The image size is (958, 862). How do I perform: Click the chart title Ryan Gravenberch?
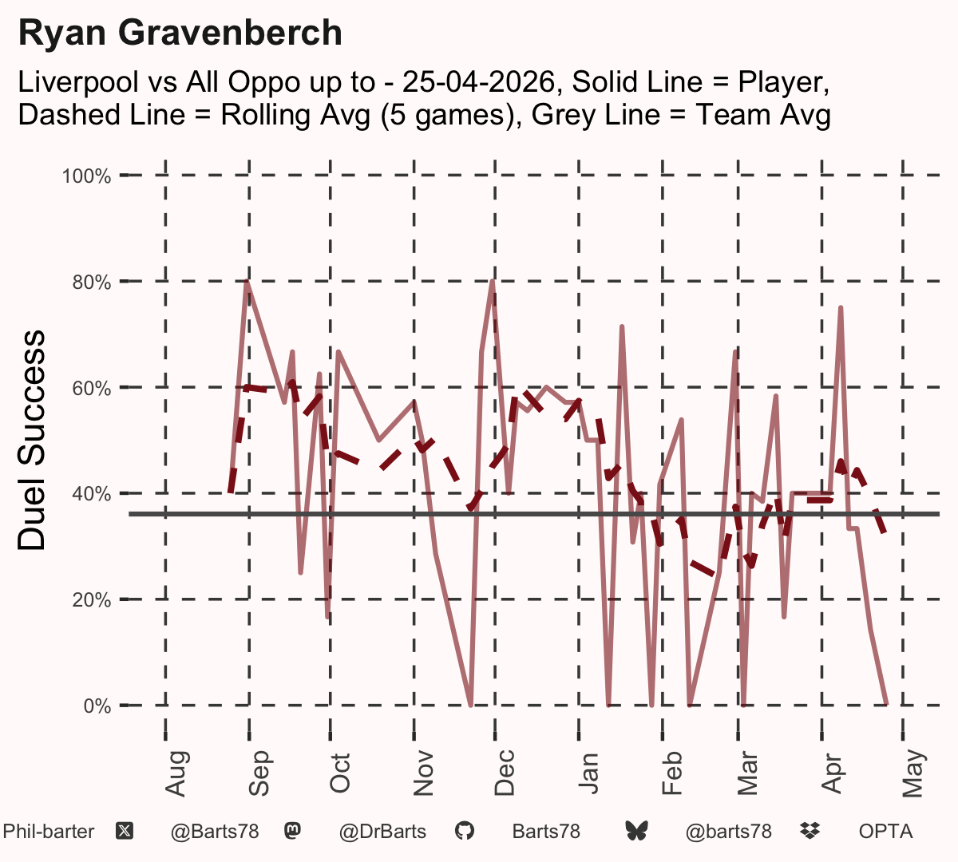[180, 33]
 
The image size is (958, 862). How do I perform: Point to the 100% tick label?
[86, 176]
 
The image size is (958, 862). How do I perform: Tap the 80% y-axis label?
[92, 283]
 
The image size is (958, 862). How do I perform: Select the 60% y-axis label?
[92, 388]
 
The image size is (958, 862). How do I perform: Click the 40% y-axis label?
[92, 494]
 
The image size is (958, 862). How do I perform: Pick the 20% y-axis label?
[92, 600]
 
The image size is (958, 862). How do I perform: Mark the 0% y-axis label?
[97, 706]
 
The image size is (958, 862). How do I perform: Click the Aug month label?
[176, 773]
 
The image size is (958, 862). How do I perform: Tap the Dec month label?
[505, 773]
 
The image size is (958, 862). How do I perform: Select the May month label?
[912, 773]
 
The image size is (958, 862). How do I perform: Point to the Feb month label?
[671, 773]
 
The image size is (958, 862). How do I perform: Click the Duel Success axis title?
[31, 440]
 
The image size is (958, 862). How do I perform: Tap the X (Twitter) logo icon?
[125, 831]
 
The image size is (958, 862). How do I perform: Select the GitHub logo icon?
[465, 831]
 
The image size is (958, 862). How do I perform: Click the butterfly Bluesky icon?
[636, 831]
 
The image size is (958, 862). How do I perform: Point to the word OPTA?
[886, 832]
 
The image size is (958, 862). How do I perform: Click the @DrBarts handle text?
[382, 832]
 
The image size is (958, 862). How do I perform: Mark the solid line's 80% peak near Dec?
[493, 281]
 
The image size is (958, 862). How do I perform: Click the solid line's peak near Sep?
[247, 281]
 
